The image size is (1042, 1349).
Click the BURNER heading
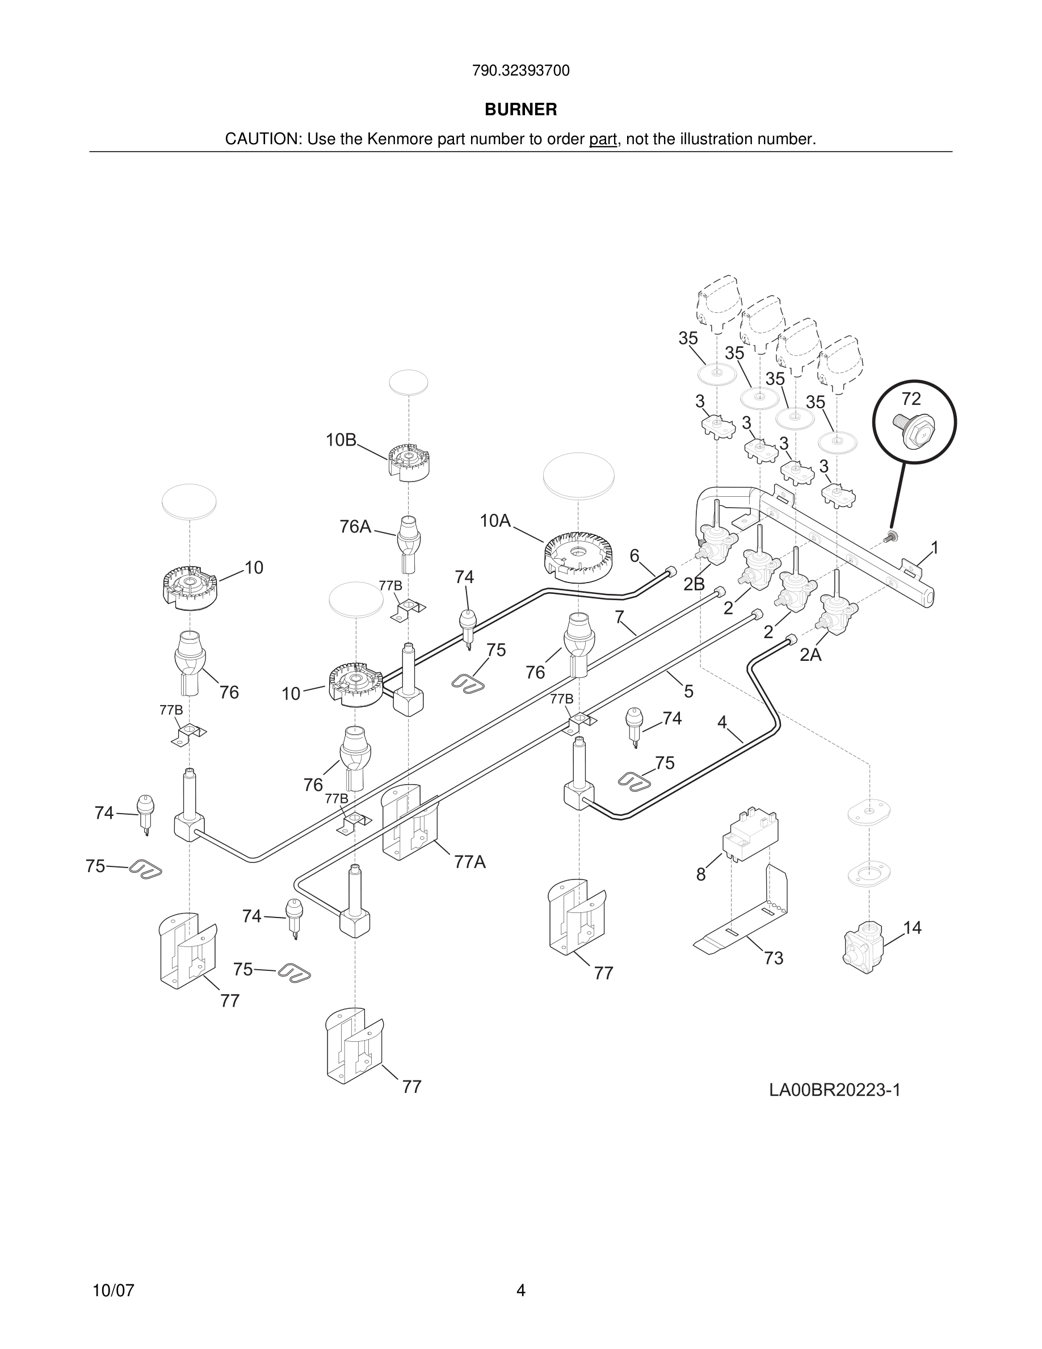coord(520,110)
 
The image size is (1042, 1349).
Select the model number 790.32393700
coord(520,71)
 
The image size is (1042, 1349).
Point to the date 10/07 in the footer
coord(113,1291)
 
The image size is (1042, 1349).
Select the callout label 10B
coord(341,440)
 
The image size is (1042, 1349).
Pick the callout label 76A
coord(355,526)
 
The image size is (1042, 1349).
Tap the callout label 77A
coord(470,862)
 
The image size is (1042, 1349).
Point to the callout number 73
coord(774,958)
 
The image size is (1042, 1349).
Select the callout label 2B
coord(694,584)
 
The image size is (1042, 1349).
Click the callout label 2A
coord(810,655)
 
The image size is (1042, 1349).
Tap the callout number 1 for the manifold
coord(935,547)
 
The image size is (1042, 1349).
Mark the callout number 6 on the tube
coord(635,555)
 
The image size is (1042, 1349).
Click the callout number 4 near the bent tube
coord(722,722)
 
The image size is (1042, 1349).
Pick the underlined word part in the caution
coord(603,139)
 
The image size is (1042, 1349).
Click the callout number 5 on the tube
coord(689,691)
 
